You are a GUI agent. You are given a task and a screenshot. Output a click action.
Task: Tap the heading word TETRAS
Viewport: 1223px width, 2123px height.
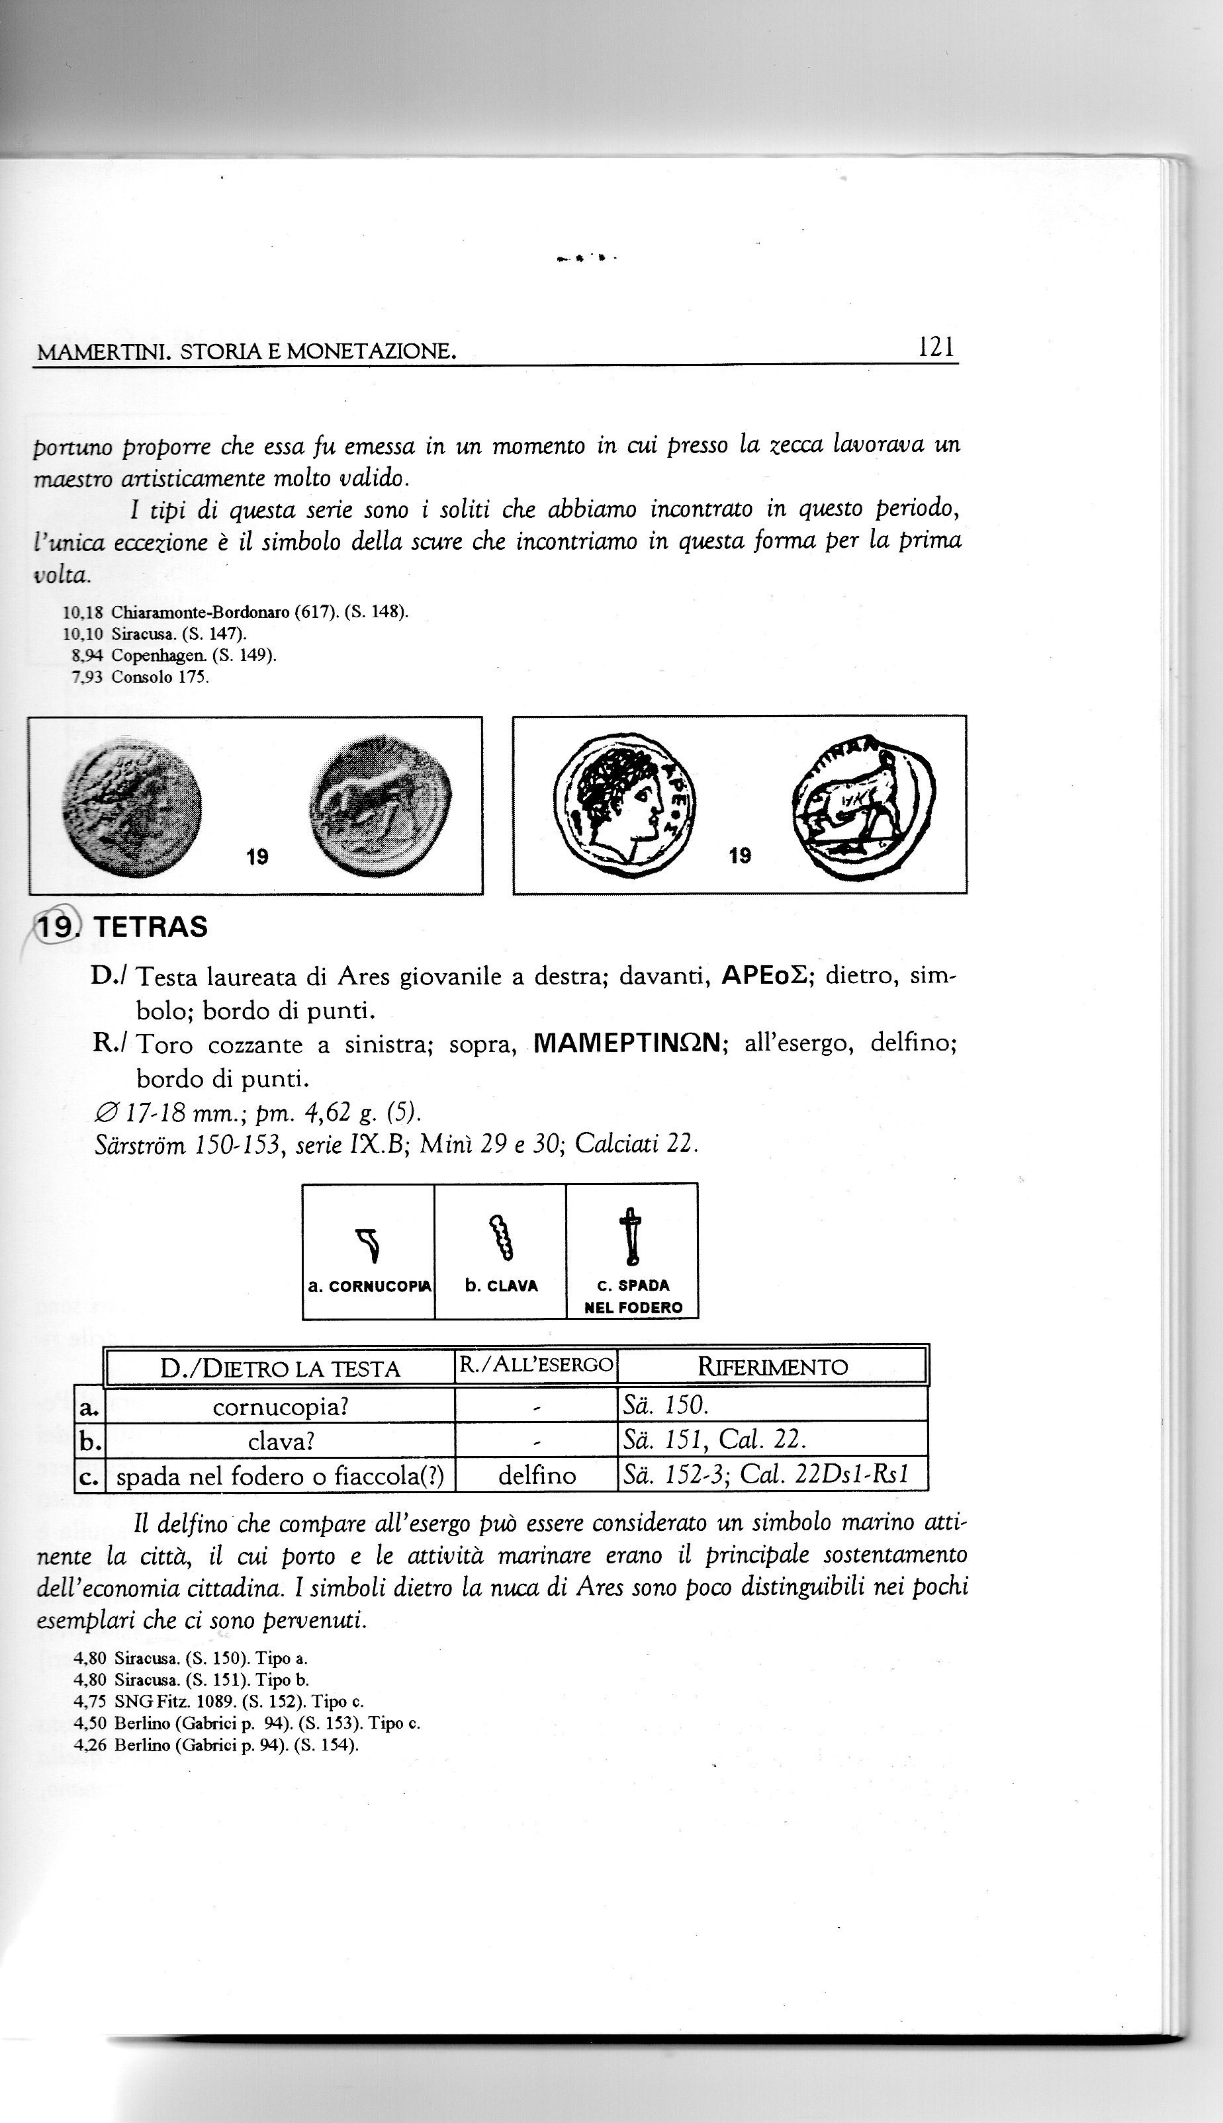tap(150, 927)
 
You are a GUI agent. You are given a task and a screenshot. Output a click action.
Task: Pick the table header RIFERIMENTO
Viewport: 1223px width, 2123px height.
tap(772, 1367)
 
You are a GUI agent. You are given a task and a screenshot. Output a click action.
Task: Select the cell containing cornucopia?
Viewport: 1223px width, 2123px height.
tap(280, 1406)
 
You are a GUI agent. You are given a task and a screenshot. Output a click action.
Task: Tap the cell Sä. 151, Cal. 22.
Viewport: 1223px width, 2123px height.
tap(713, 1440)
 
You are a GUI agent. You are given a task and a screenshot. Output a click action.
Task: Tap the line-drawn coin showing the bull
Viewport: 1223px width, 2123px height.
tap(863, 806)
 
